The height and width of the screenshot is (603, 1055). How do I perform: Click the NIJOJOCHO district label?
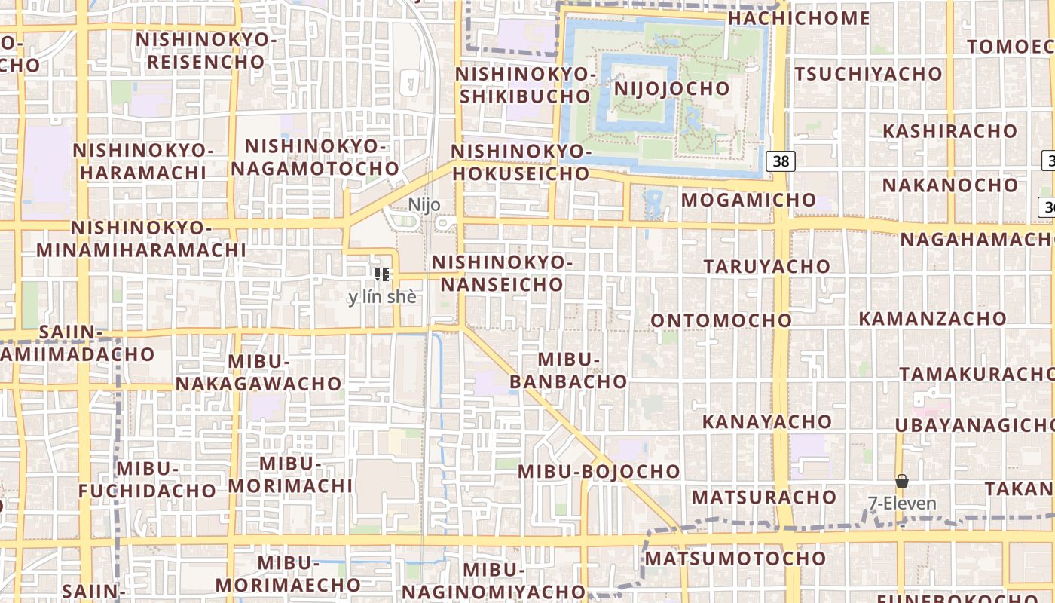pos(672,88)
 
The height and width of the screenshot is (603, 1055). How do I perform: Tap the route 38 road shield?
pos(781,161)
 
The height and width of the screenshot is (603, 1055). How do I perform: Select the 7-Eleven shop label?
pos(902,504)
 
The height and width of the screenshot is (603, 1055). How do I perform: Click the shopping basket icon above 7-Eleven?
pos(901,481)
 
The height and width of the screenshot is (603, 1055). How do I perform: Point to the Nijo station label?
pos(424,204)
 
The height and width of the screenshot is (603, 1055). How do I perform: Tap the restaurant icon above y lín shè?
pos(382,274)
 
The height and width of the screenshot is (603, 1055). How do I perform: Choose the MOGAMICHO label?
pos(748,200)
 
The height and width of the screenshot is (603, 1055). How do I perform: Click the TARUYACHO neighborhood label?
pos(766,266)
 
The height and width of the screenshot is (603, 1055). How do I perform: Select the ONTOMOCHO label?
pos(720,320)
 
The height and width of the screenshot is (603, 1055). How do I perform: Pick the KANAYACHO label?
pos(766,421)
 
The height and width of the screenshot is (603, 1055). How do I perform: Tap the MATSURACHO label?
pos(763,497)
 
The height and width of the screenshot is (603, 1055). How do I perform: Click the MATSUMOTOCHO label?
pos(735,559)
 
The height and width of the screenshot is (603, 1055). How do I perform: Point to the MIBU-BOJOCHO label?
pos(598,472)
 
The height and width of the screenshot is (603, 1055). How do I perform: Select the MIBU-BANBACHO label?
pos(568,371)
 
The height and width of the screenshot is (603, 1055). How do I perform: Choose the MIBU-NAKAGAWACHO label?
pos(258,372)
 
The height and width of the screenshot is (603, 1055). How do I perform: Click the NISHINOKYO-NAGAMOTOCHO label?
pos(315,157)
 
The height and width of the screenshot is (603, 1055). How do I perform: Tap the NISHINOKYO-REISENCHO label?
pos(206,50)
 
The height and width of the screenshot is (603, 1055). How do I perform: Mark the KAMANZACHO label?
pos(931,318)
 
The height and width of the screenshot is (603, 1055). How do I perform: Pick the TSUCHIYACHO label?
pos(868,74)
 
